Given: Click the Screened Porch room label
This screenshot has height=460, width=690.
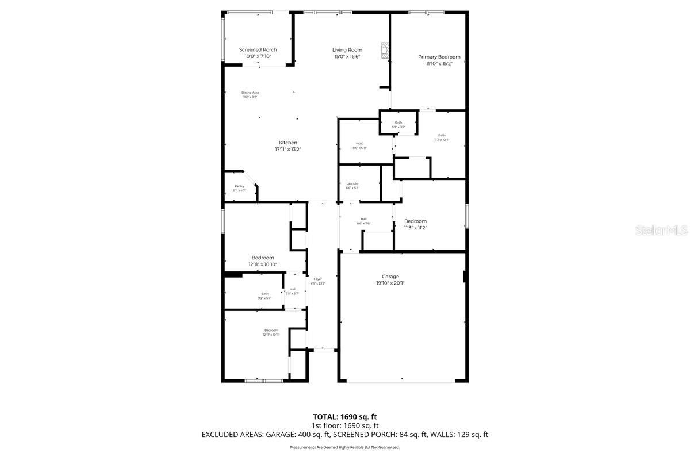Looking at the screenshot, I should (258, 50).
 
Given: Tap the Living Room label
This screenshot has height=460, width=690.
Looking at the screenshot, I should (347, 50).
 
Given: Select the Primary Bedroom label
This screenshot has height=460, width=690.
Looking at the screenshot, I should (439, 57).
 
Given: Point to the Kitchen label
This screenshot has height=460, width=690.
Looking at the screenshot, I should (288, 143).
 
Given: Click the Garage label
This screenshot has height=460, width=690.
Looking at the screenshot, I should (390, 277).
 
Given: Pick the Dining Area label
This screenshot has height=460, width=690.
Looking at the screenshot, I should (250, 93).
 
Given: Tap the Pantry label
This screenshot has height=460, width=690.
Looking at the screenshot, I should (239, 186).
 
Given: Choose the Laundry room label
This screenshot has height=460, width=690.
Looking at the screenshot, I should (352, 183).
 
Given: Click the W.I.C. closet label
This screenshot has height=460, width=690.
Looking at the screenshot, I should (359, 143).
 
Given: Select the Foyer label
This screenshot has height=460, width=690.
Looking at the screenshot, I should (317, 279).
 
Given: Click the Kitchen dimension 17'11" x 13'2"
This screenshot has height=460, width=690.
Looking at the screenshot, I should (288, 149).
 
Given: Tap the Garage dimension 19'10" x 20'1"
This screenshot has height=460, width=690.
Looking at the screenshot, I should (390, 283).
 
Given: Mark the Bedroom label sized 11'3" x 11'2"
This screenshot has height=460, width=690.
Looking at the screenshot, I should (415, 221).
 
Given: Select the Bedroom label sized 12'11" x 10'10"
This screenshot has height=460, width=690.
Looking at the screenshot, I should (263, 258).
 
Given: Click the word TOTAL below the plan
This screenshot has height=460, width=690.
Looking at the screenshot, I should (325, 416).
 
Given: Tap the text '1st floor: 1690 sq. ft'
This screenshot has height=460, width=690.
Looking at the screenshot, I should (344, 425).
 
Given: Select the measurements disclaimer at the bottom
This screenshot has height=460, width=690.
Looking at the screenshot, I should (344, 447).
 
